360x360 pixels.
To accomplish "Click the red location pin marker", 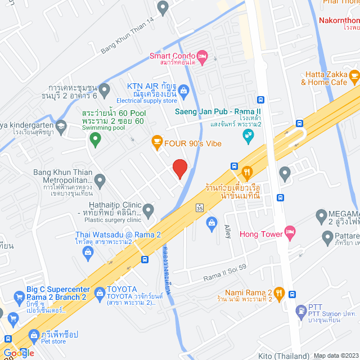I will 179,168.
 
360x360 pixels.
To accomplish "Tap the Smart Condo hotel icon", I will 202,56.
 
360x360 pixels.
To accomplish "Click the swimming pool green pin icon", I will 96,137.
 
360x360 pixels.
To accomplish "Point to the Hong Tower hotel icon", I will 290,231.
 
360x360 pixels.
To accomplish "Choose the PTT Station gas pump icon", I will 300,309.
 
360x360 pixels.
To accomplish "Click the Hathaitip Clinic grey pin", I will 148,211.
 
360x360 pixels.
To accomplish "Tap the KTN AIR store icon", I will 184,89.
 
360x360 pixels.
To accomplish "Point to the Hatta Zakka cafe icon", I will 354,75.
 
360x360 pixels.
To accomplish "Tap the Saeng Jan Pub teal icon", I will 247,136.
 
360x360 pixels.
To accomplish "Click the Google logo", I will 19,353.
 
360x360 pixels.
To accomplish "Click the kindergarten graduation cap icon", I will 60,127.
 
